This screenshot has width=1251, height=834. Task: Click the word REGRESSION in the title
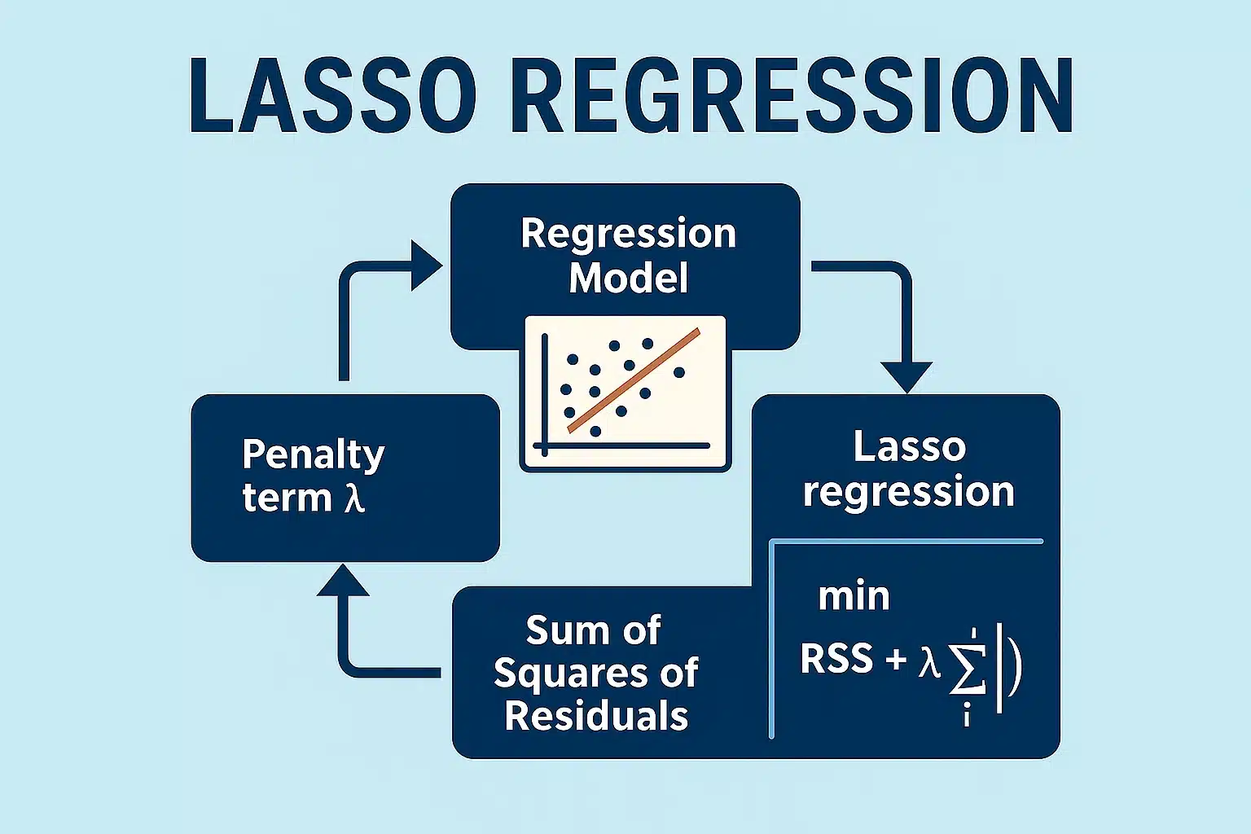(x=791, y=96)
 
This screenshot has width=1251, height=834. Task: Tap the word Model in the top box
(x=628, y=279)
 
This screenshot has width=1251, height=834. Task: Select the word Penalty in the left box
(x=314, y=455)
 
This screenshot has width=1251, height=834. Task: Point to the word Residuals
(x=596, y=716)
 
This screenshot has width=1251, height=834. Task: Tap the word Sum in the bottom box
(x=559, y=630)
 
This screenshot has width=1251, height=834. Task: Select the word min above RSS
(x=854, y=597)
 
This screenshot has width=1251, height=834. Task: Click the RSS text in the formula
(x=836, y=659)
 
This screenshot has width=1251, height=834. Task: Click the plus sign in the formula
(x=896, y=659)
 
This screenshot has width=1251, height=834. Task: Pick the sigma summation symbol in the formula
(x=967, y=669)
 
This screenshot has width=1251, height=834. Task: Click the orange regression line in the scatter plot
(x=634, y=380)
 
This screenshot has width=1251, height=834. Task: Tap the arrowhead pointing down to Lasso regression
(x=906, y=378)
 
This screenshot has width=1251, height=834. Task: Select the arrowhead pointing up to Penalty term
(x=343, y=581)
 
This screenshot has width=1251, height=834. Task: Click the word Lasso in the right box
(x=909, y=447)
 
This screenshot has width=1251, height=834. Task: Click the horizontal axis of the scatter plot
(x=623, y=446)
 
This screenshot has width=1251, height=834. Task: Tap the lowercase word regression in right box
(x=909, y=493)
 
